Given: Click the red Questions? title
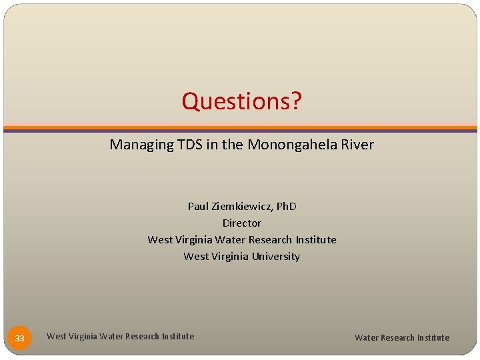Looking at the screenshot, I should tap(241, 101).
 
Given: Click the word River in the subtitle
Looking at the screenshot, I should tap(357, 145).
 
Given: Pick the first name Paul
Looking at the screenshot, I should tap(198, 206).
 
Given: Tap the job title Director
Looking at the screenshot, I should tap(241, 223).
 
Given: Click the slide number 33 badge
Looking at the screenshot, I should tap(20, 338).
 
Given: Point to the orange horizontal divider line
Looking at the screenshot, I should tap(240, 127).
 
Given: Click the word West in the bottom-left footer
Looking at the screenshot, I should tap(56, 337).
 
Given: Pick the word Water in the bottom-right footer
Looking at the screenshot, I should tap(366, 337).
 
